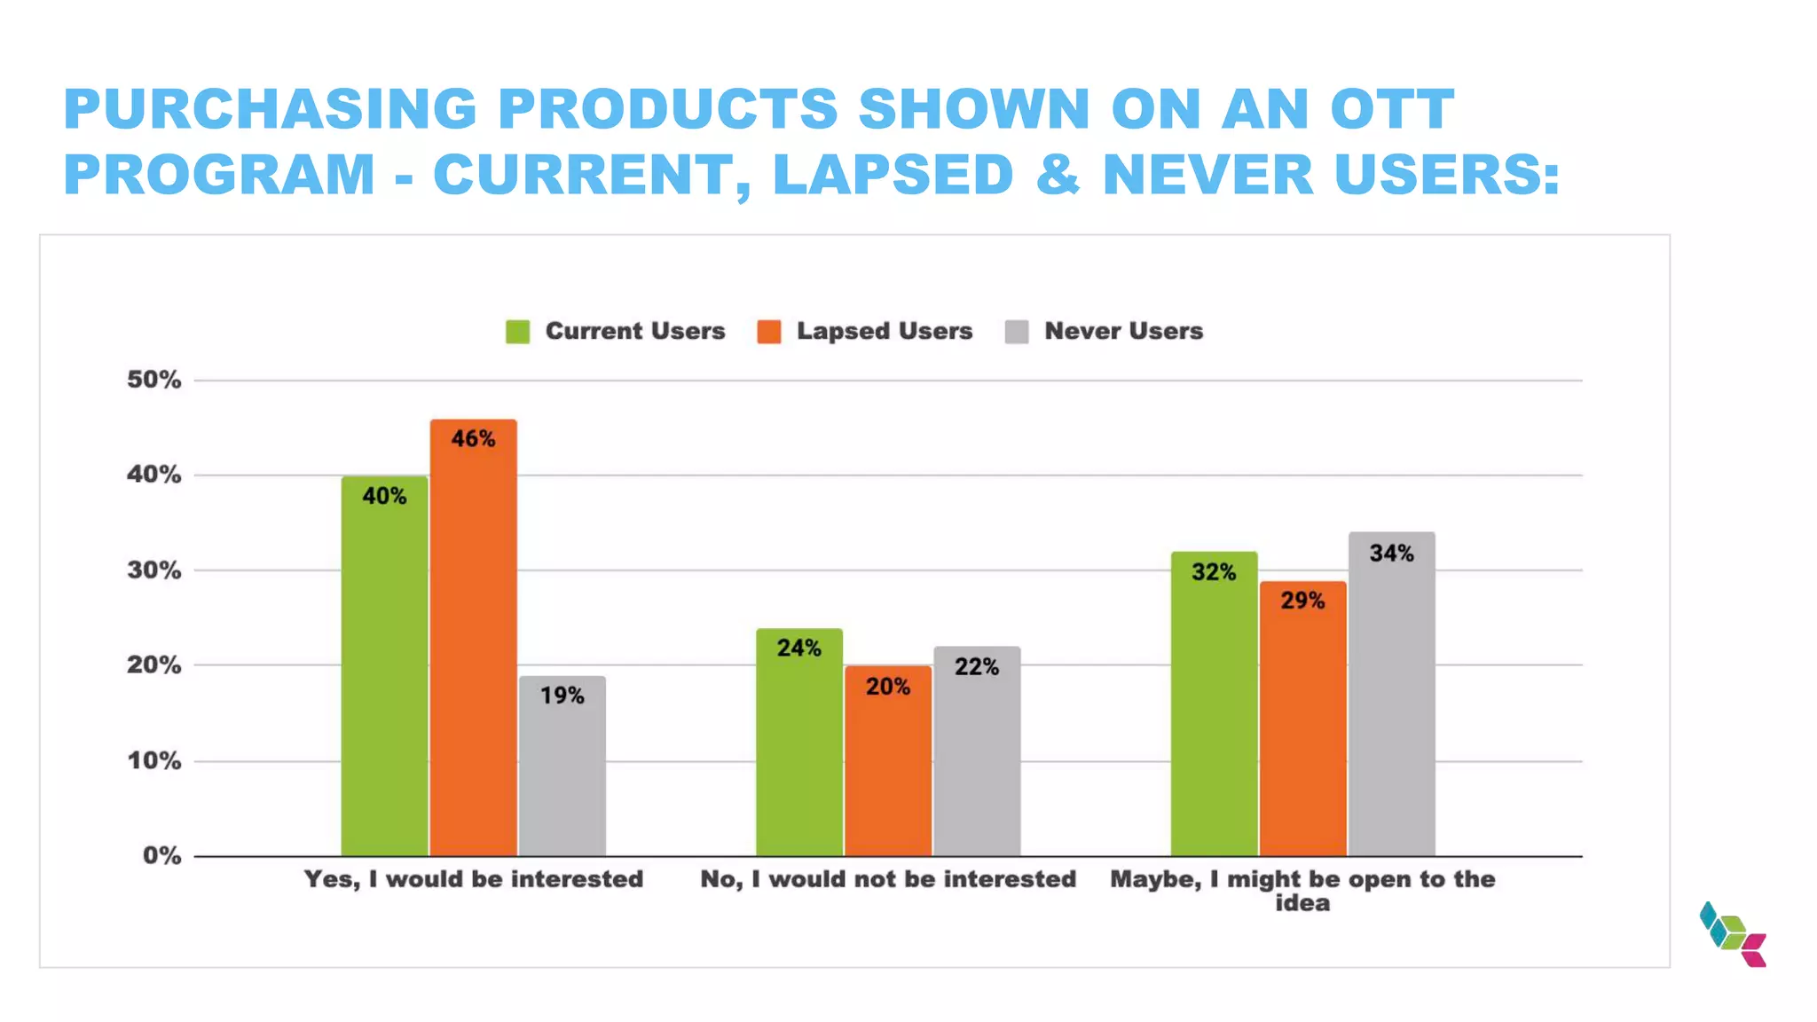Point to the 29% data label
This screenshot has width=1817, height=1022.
pyautogui.click(x=1302, y=601)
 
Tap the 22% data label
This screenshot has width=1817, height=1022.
pyautogui.click(x=977, y=666)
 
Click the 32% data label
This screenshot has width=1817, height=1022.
pyautogui.click(x=1214, y=572)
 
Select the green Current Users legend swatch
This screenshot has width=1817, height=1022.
pyautogui.click(x=518, y=332)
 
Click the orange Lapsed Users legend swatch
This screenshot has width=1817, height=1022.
pyautogui.click(x=769, y=332)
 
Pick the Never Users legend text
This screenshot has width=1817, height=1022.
pyautogui.click(x=1123, y=331)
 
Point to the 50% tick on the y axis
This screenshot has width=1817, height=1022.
pyautogui.click(x=153, y=380)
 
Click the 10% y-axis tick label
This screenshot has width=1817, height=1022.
pyautogui.click(x=153, y=760)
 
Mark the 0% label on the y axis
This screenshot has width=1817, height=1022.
pyautogui.click(x=161, y=855)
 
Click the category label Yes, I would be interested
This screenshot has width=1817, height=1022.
pyautogui.click(x=473, y=879)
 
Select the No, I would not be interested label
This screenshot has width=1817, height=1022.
pyautogui.click(x=888, y=879)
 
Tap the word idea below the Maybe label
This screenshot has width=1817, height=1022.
pyautogui.click(x=1302, y=903)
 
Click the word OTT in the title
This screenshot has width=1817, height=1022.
pyautogui.click(x=1392, y=109)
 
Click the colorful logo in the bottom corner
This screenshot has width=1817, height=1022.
pyautogui.click(x=1733, y=934)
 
